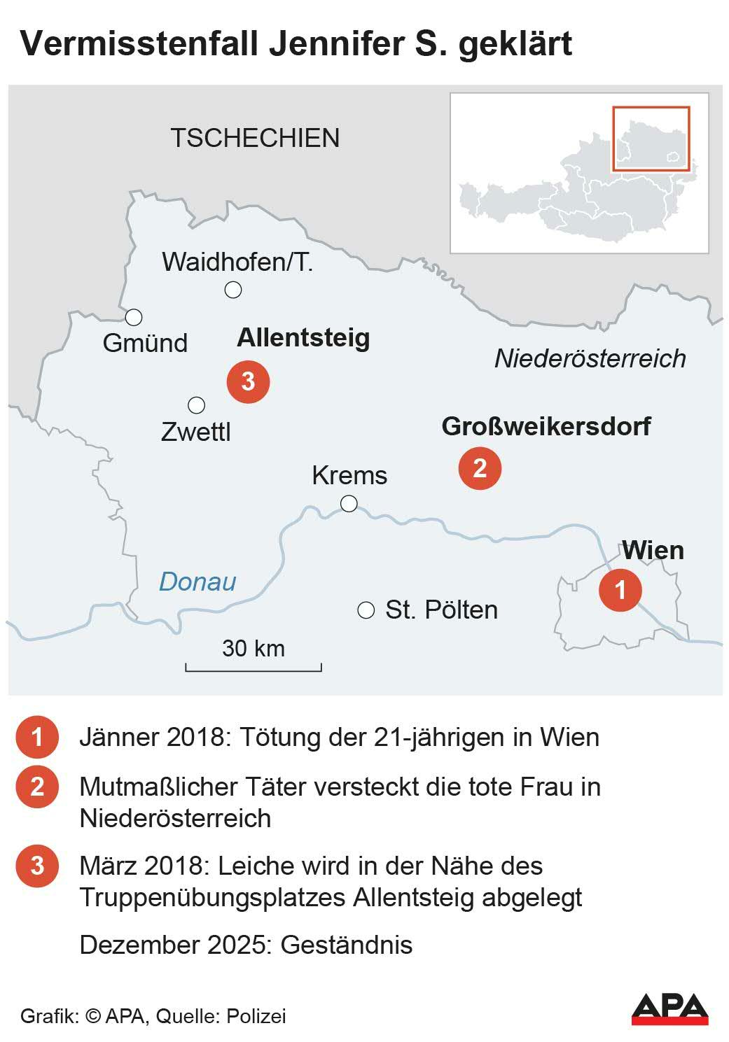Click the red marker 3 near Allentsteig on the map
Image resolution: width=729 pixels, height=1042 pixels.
pyautogui.click(x=248, y=381)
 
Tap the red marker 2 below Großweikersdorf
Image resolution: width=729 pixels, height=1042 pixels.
pyautogui.click(x=480, y=468)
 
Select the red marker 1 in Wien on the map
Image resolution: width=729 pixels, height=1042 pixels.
pyautogui.click(x=620, y=589)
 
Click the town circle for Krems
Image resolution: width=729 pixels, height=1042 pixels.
pyautogui.click(x=349, y=503)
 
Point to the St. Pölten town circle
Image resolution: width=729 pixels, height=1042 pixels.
pyautogui.click(x=366, y=610)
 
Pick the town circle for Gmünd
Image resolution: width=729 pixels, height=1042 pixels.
pyautogui.click(x=134, y=317)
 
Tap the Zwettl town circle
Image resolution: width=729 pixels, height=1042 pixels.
pyautogui.click(x=197, y=405)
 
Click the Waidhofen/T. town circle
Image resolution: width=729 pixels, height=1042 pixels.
pyautogui.click(x=233, y=289)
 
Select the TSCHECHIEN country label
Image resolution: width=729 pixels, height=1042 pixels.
pyautogui.click(x=255, y=138)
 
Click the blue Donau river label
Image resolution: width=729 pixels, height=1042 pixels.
pyautogui.click(x=197, y=582)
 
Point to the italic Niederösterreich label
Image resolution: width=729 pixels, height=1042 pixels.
pyautogui.click(x=590, y=358)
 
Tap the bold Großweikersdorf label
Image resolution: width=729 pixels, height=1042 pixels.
pyautogui.click(x=546, y=426)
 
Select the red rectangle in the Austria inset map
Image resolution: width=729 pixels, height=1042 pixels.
pyautogui.click(x=651, y=139)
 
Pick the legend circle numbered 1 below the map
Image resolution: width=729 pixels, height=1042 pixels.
pyautogui.click(x=37, y=737)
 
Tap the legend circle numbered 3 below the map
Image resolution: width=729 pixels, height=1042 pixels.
pyautogui.click(x=37, y=866)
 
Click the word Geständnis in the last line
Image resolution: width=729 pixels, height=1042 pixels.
pyautogui.click(x=347, y=945)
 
